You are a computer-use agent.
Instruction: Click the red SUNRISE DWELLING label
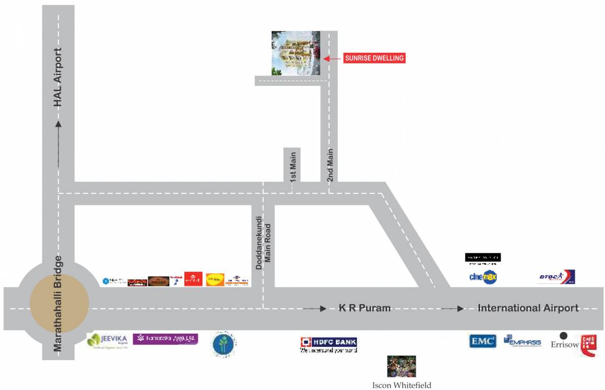coord(374,58)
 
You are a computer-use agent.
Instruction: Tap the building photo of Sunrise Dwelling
coord(296,53)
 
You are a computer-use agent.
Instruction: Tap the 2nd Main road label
coord(330,165)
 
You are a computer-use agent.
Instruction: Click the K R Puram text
coord(365,308)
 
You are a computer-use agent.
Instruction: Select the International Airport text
coord(528,308)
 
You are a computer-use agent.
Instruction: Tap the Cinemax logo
coord(483,277)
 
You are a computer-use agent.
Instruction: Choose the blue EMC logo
coord(482,341)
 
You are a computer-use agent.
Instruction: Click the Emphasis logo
coord(522,341)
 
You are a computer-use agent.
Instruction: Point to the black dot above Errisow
coord(563,336)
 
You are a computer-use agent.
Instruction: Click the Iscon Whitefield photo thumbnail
coord(401,366)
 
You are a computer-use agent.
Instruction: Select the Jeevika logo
coord(106,340)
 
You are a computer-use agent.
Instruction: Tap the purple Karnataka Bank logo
coord(165,339)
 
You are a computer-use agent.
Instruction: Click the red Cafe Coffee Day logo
coord(588,345)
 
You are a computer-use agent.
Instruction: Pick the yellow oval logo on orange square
coord(215,279)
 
